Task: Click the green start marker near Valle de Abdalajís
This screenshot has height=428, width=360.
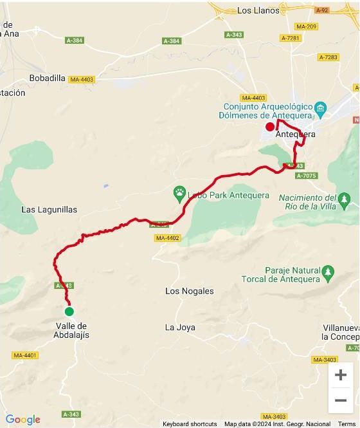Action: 69,312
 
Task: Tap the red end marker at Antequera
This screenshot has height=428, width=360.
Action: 270,126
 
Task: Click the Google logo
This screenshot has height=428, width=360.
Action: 22,420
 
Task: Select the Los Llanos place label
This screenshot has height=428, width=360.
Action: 258,10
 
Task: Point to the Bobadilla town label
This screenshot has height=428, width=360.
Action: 48,78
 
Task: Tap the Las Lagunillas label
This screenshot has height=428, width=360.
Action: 50,209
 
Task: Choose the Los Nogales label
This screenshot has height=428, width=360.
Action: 189,291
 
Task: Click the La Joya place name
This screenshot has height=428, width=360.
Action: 179,327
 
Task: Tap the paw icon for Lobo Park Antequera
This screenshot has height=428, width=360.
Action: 179,192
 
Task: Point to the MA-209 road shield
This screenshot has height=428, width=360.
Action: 307,26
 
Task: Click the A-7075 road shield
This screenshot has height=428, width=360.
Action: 305,175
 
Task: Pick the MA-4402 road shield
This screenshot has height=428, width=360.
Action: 167,238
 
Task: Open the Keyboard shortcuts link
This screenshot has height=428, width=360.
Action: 190,424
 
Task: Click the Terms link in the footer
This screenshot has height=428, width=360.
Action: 347,424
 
